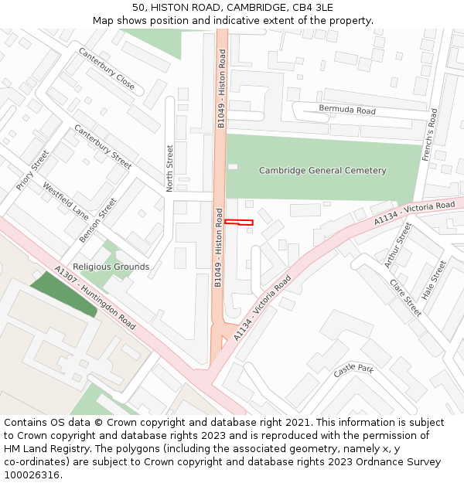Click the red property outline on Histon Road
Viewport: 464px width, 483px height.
coord(238,223)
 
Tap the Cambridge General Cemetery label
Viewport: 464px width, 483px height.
coord(322,171)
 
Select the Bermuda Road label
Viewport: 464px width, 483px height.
coord(347,111)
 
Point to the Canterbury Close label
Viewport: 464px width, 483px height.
coord(107,68)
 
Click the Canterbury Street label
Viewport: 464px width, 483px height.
coord(103,147)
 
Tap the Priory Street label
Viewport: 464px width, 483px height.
coord(32,171)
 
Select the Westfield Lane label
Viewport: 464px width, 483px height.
coord(66,200)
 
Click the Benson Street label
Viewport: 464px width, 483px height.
coord(98,220)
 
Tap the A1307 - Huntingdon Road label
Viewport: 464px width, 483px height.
coord(95,298)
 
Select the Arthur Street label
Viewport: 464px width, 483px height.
coord(397,244)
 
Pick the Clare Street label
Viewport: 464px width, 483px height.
coord(405,298)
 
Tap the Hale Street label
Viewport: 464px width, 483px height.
coord(435,281)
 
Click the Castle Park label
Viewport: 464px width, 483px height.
coord(353,371)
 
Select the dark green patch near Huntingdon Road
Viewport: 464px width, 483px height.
coord(63,294)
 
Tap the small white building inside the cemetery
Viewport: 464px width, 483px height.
coord(233,166)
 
